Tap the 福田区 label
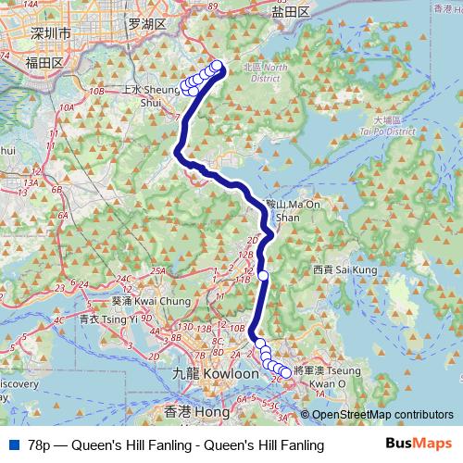(44, 62)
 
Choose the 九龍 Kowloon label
(202, 374)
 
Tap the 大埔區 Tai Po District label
(393, 126)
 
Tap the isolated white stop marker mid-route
(263, 275)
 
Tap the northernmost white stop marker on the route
(219, 66)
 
